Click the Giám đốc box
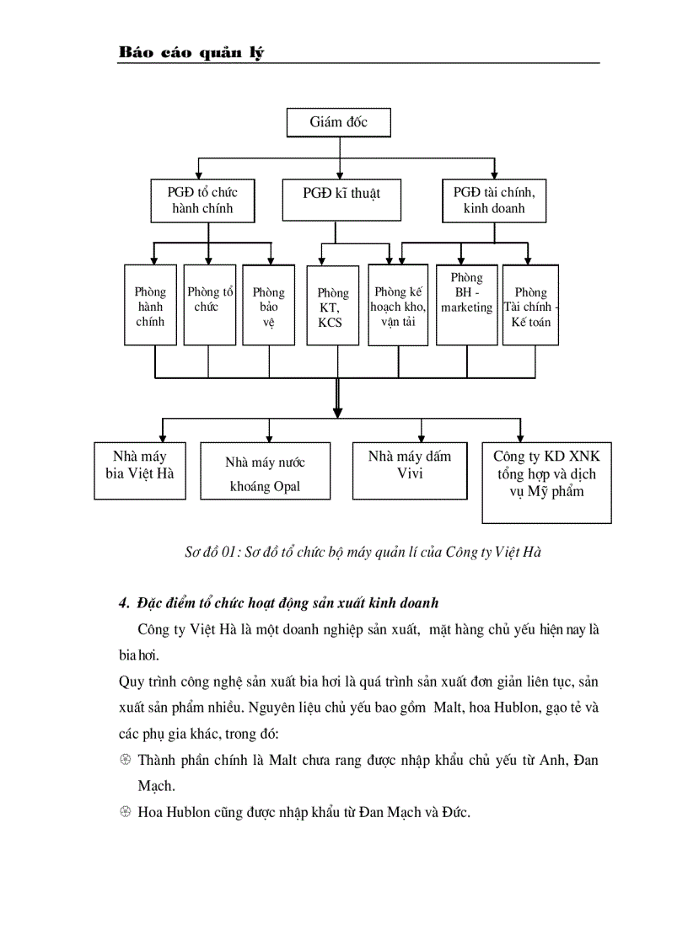coord(339,123)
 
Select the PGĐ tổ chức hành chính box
coord(202,200)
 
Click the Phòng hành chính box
coord(150,306)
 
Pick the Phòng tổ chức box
coord(209,306)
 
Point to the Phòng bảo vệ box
coord(269,306)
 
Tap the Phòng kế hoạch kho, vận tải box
coord(398,306)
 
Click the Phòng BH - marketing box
coord(466,304)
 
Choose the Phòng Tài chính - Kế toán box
coord(531,306)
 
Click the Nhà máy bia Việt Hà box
coord(140,470)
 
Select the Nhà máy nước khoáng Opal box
coord(265,475)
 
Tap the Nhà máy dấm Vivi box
coord(410,470)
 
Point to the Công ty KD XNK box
coord(546,482)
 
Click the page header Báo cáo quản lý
coord(191,54)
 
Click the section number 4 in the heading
coord(122,603)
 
